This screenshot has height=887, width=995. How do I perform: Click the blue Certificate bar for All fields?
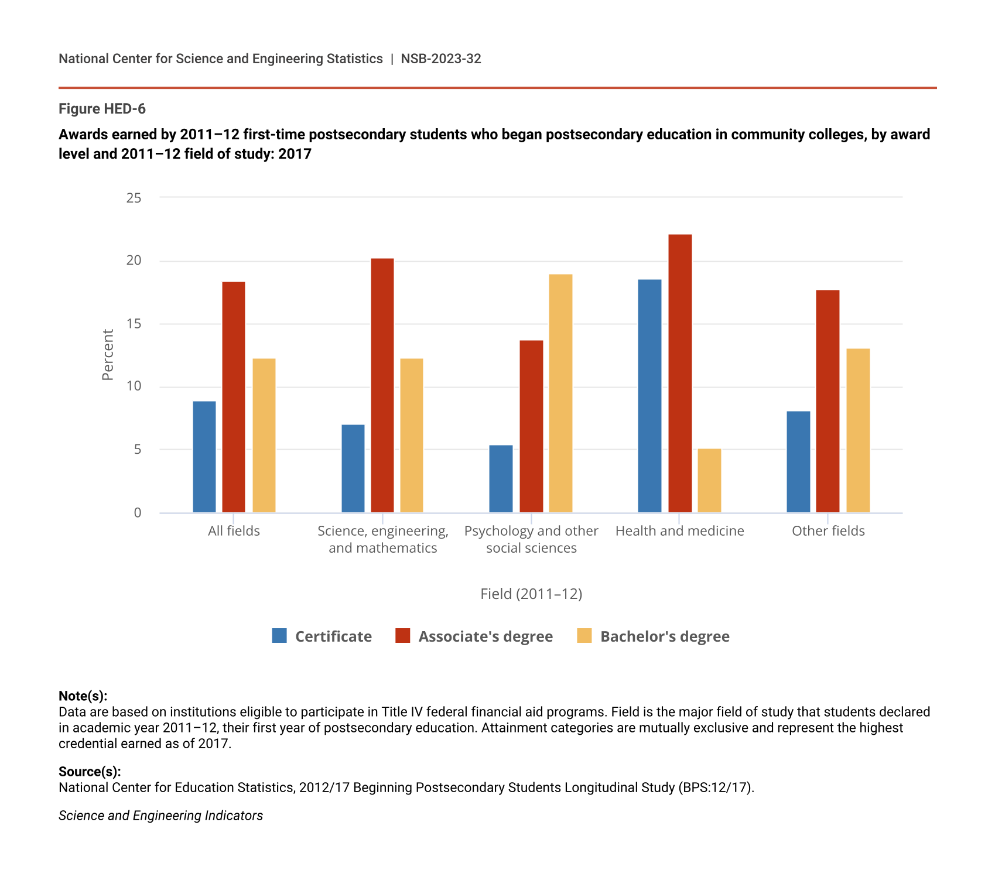(204, 457)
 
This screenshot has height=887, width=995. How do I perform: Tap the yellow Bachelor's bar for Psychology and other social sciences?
(560, 393)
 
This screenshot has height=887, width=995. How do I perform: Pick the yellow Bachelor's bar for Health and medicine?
(709, 481)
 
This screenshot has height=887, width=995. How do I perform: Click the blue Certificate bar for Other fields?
(798, 462)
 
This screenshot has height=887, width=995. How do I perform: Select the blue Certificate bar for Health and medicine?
(649, 396)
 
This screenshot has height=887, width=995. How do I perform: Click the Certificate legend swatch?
(279, 636)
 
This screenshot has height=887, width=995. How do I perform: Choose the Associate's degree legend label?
(485, 636)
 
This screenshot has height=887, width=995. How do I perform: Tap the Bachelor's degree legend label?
(665, 636)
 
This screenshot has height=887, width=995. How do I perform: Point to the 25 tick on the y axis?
(134, 198)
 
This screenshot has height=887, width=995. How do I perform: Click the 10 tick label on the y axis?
(134, 386)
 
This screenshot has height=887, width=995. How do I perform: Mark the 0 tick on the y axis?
(138, 513)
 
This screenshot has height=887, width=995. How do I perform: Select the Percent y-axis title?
(108, 355)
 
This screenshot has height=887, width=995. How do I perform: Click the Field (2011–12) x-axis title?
(531, 594)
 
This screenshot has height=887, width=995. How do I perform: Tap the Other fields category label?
(828, 531)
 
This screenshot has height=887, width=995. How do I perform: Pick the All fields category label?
(234, 531)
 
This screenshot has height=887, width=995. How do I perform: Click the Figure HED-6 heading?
(102, 109)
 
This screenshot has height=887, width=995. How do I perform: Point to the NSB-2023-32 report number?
(441, 59)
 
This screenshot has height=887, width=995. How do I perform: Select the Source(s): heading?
(90, 771)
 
